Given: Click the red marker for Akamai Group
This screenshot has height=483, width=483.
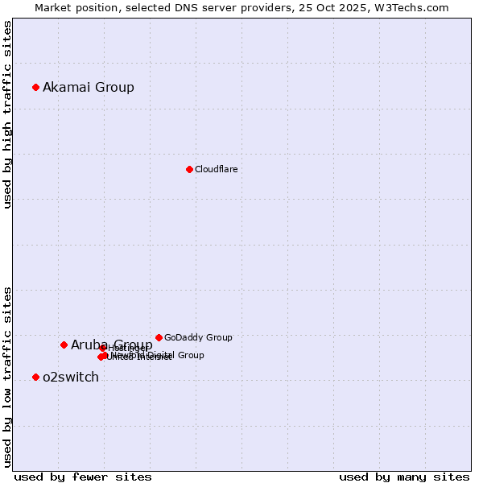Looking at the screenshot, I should pos(35,87).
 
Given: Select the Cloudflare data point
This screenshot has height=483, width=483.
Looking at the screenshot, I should pos(189,169).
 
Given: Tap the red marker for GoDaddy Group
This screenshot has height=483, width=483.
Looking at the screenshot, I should pos(159,337).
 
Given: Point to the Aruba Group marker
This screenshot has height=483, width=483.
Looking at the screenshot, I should pos(64,345).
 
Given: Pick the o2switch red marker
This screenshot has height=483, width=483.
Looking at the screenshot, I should pos(35,377).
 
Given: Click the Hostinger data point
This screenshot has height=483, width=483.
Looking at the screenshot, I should pos(103,348).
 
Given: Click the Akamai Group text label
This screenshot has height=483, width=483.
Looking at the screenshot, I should pos(89,87).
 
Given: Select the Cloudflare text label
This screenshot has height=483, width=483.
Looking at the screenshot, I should pos(216,169).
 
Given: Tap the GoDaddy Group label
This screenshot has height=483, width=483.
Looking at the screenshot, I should pos(198,337).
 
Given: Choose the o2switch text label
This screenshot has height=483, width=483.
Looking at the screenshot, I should pos(71,377).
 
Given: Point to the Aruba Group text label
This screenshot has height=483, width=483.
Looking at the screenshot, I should pos(112,345).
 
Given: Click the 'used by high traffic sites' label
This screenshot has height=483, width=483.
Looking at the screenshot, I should pos(7,114).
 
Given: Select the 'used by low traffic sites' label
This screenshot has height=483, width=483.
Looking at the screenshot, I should pos(7,376).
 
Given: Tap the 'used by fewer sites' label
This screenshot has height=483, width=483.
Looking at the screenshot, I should pos(83,477).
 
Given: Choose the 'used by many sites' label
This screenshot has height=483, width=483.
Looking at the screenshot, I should pos(404,477).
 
